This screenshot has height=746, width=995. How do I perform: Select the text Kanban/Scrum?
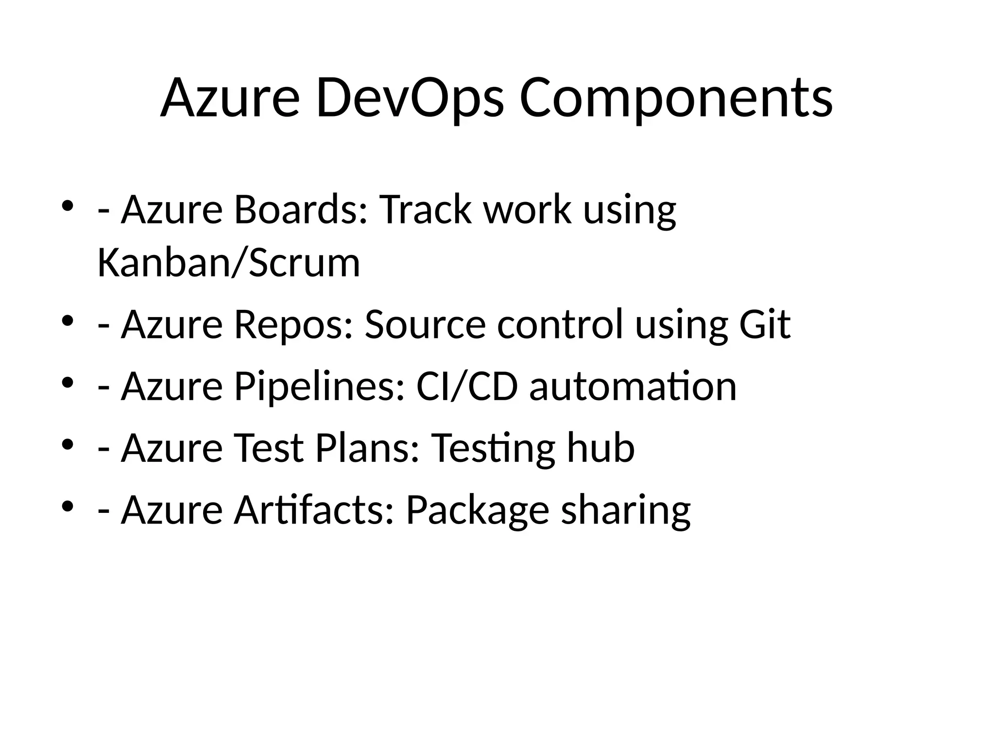228,263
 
